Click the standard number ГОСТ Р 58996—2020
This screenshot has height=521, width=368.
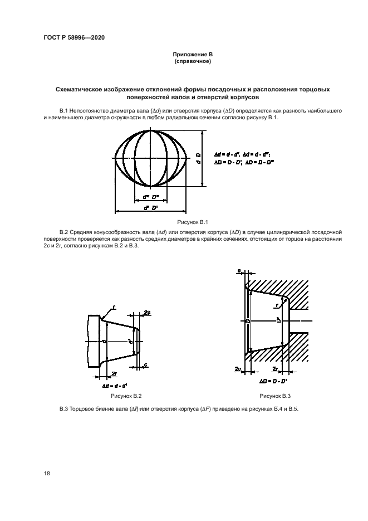click(73, 37)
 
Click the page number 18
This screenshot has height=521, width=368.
click(47, 473)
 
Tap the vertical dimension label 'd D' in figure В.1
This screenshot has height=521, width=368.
click(199, 158)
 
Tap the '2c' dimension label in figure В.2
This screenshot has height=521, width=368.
click(147, 313)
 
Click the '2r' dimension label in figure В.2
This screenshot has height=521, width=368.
click(114, 372)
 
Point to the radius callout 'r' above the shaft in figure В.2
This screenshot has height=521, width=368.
click(114, 306)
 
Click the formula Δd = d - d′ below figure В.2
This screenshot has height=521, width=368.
click(115, 385)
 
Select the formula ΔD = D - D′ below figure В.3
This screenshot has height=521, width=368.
click(273, 381)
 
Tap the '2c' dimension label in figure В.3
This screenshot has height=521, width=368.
click(238, 369)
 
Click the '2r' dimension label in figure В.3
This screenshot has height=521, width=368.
click(275, 369)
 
